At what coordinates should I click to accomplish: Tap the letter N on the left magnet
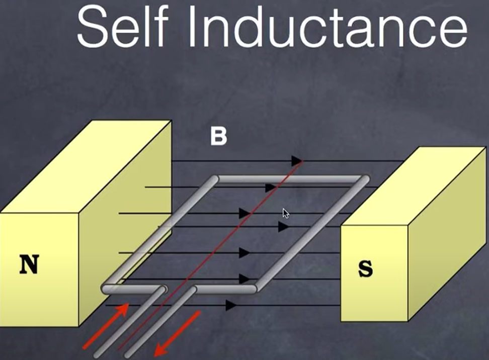(x=29, y=264)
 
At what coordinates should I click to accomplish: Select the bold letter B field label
(x=218, y=137)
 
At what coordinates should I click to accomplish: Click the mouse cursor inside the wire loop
(x=286, y=213)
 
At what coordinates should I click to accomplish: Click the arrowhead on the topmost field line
(x=297, y=161)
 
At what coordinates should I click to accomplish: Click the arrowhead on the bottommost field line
(x=231, y=305)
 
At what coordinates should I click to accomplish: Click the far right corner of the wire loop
(x=363, y=179)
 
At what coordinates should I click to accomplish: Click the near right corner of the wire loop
(x=255, y=289)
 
